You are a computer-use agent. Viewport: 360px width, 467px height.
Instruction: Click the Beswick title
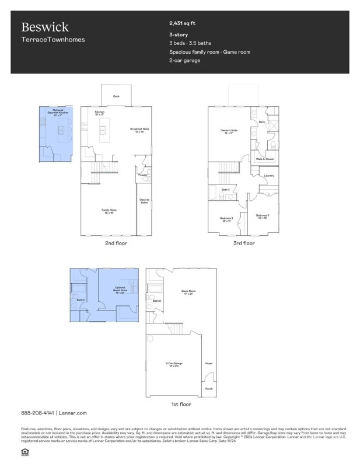45,27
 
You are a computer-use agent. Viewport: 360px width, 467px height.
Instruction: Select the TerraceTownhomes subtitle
53,40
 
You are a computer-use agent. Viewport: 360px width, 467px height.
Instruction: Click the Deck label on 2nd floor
116,96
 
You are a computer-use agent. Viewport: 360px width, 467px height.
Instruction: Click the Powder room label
142,175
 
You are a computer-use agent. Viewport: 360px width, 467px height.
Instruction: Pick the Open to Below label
144,202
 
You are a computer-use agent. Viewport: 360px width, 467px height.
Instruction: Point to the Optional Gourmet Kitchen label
58,112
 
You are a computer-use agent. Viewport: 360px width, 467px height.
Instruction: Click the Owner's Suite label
228,132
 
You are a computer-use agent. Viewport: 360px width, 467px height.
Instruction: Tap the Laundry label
269,175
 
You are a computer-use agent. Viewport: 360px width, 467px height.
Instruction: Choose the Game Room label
188,292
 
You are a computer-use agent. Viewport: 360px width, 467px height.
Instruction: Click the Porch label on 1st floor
208,389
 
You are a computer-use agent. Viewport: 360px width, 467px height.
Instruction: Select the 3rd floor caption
244,243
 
